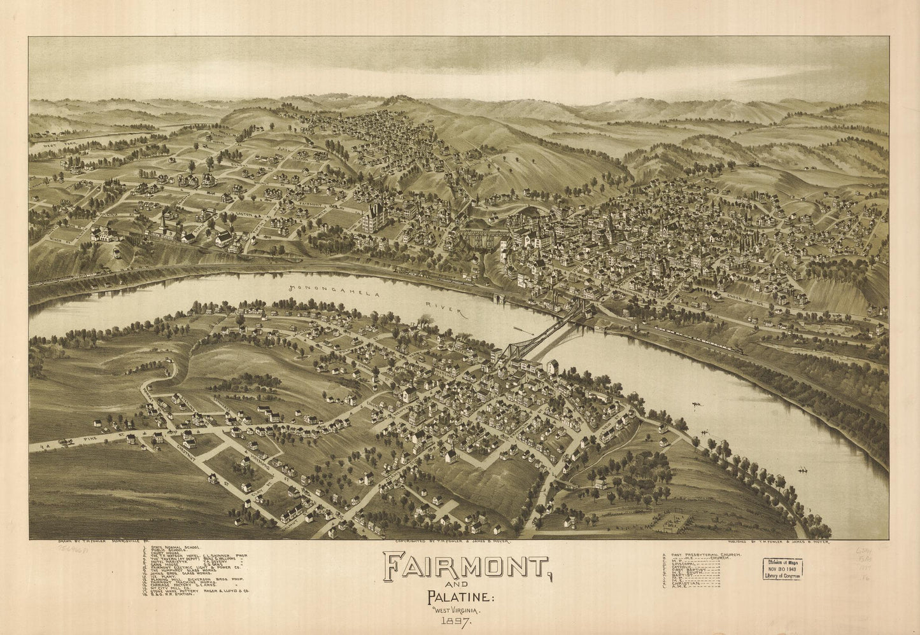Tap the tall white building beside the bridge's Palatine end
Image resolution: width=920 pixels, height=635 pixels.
[x=551, y=368]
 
